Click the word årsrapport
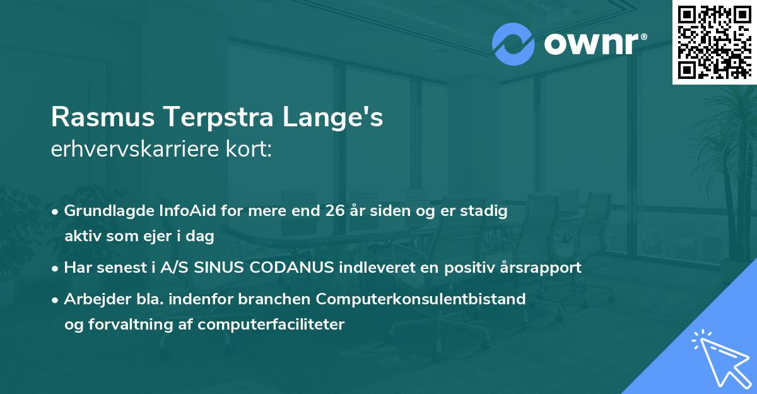[541, 268]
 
